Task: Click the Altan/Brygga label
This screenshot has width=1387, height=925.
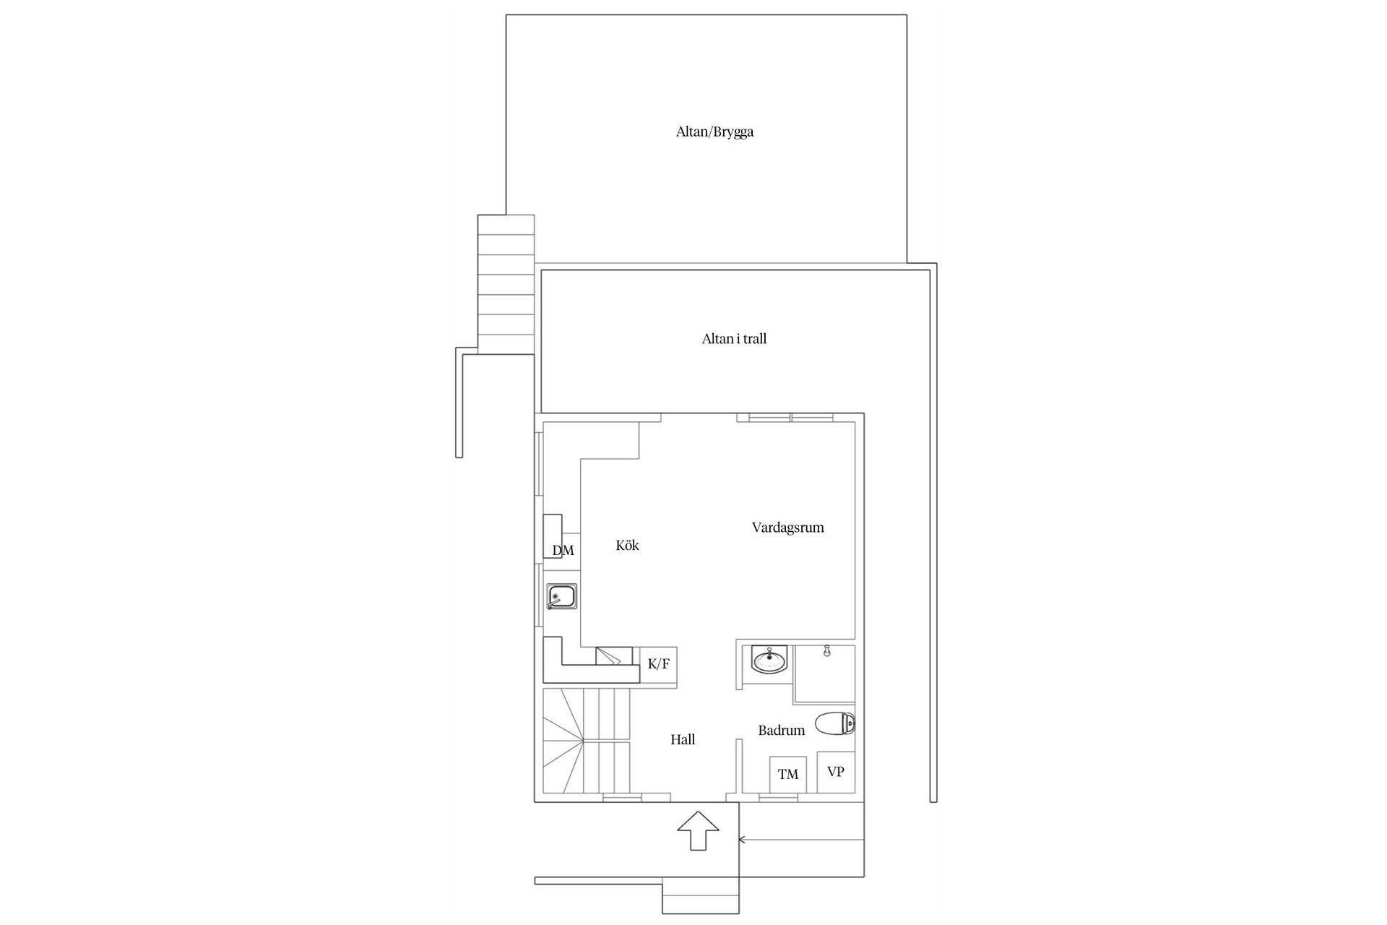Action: coord(714,132)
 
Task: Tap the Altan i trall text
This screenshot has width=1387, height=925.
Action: coord(734,339)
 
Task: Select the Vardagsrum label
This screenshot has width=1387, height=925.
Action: coord(787,528)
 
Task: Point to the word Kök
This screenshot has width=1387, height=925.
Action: coord(627,546)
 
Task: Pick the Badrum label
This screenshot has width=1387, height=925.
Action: coord(781,731)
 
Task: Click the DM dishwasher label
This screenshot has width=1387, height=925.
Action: coord(563,551)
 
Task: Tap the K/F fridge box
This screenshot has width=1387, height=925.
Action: coord(658,664)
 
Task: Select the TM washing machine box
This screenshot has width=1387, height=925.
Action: coord(788,775)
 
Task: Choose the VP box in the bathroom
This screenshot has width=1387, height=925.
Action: coord(836,772)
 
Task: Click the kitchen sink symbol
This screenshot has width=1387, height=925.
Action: coord(561,598)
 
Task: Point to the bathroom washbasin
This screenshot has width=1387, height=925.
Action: coord(771,659)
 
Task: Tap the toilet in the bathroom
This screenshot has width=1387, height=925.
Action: coord(836,723)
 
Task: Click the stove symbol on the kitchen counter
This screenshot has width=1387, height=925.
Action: coord(608,656)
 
